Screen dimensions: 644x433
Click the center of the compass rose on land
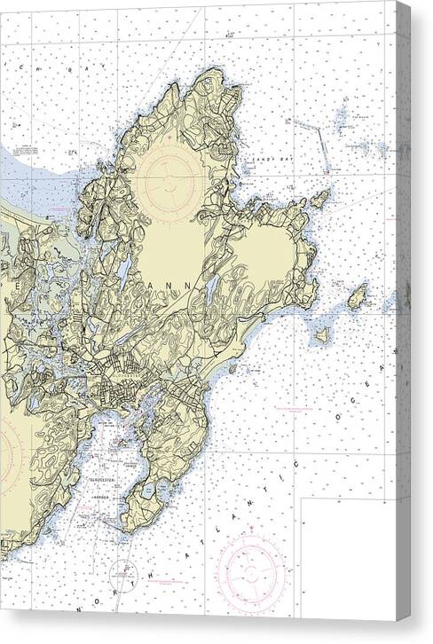168,177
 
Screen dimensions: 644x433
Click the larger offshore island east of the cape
357,297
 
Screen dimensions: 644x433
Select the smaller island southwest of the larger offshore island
322,335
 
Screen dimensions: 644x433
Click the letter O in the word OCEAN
338,413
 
